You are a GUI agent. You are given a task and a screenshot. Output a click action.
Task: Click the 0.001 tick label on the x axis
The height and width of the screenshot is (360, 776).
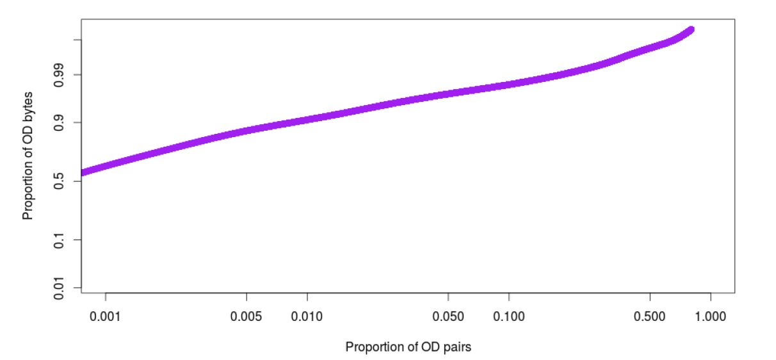[x=105, y=316]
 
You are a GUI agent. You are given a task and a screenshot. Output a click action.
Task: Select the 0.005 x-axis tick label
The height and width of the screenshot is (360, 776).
[x=247, y=316]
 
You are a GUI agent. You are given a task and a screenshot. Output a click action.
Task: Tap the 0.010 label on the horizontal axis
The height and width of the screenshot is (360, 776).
[x=307, y=316]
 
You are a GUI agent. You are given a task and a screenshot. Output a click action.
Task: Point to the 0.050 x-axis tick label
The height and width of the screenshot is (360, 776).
[x=448, y=316]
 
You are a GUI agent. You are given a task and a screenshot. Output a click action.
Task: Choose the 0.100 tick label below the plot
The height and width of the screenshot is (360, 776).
[x=509, y=316]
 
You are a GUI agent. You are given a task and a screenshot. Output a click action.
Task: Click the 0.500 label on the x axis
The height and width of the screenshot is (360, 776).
[x=650, y=316]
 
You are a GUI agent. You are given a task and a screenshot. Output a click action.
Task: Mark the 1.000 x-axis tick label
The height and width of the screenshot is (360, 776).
[x=711, y=316]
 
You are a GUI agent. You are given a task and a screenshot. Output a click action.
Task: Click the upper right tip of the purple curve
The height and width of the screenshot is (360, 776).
[x=691, y=29]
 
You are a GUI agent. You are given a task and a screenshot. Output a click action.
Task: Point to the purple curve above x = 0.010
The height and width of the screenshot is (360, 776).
[x=307, y=119]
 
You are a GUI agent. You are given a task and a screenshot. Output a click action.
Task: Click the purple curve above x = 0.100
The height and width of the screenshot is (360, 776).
[x=509, y=85]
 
